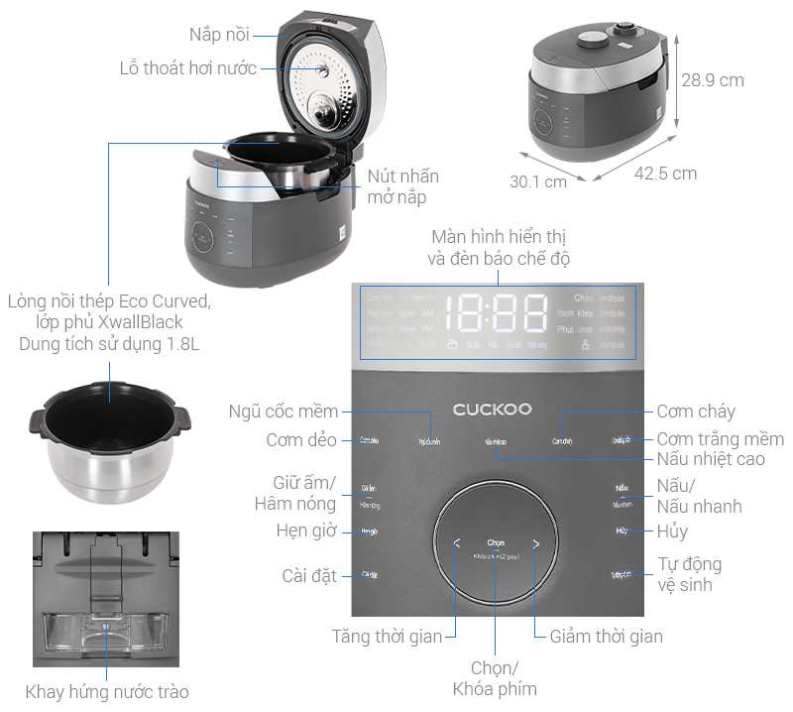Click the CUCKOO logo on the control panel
click(492, 409)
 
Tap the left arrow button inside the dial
click(457, 543)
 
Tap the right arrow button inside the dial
click(535, 543)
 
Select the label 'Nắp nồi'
click(219, 35)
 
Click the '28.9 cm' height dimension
click(712, 80)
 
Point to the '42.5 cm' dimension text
click(665, 174)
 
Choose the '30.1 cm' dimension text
click(538, 181)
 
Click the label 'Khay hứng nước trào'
click(107, 691)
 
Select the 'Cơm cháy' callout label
click(696, 412)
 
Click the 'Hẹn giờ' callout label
click(306, 531)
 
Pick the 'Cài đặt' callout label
click(309, 575)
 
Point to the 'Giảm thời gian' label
click(606, 636)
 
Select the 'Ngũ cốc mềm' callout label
click(283, 412)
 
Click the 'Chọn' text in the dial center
click(496, 542)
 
